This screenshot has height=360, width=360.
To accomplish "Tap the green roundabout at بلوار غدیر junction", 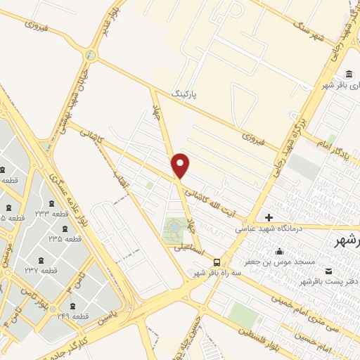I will coord(89,55).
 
